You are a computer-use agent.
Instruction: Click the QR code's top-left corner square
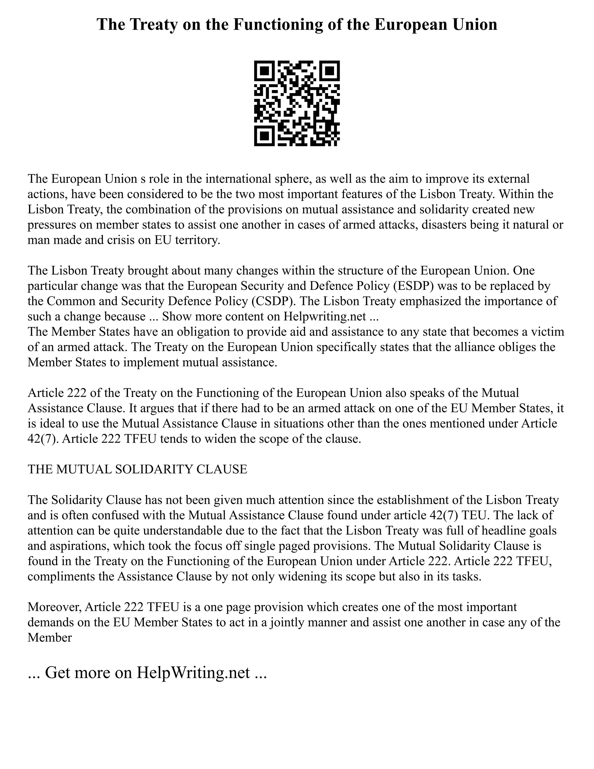tap(264, 71)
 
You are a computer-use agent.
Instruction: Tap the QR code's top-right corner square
tap(330, 71)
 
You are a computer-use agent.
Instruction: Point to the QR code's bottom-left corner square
tap(264, 136)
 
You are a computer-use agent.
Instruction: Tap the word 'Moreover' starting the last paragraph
tap(55, 607)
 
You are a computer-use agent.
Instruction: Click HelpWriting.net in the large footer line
tap(193, 673)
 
